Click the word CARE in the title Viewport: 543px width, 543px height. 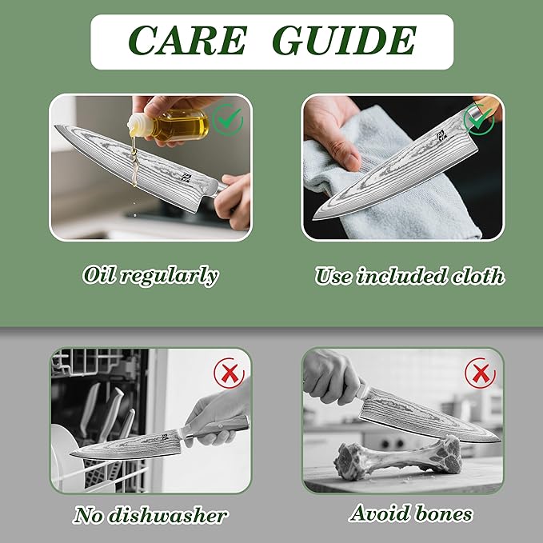(188, 41)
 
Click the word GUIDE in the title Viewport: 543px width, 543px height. (344, 41)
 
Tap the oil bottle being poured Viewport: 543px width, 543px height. (169, 125)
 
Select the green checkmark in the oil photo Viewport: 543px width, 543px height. (228, 119)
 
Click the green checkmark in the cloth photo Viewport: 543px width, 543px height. (479, 120)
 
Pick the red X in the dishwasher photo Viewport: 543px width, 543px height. (230, 373)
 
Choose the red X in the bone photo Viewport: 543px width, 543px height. (481, 373)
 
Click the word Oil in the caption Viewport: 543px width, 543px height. (98, 275)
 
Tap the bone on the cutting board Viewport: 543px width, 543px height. (398, 457)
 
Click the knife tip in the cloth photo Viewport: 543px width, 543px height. (313, 218)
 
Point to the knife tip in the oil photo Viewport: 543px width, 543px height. (56, 126)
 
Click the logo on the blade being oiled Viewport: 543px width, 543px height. (186, 178)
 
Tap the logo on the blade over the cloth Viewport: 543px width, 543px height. (441, 135)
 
